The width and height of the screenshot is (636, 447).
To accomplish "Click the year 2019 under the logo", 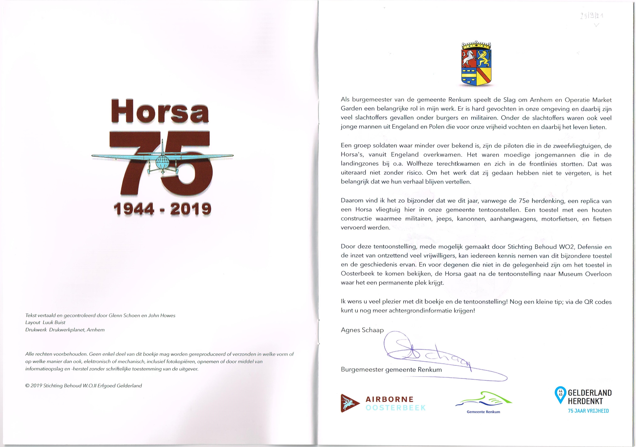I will tap(191, 209).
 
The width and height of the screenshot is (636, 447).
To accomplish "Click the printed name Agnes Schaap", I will tap(362, 330).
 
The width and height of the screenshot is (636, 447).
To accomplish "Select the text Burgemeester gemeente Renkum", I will tap(391, 370).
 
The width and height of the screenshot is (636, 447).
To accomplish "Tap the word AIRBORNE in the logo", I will tap(389, 399).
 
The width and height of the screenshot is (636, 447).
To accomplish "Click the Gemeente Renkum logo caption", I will tap(483, 412).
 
